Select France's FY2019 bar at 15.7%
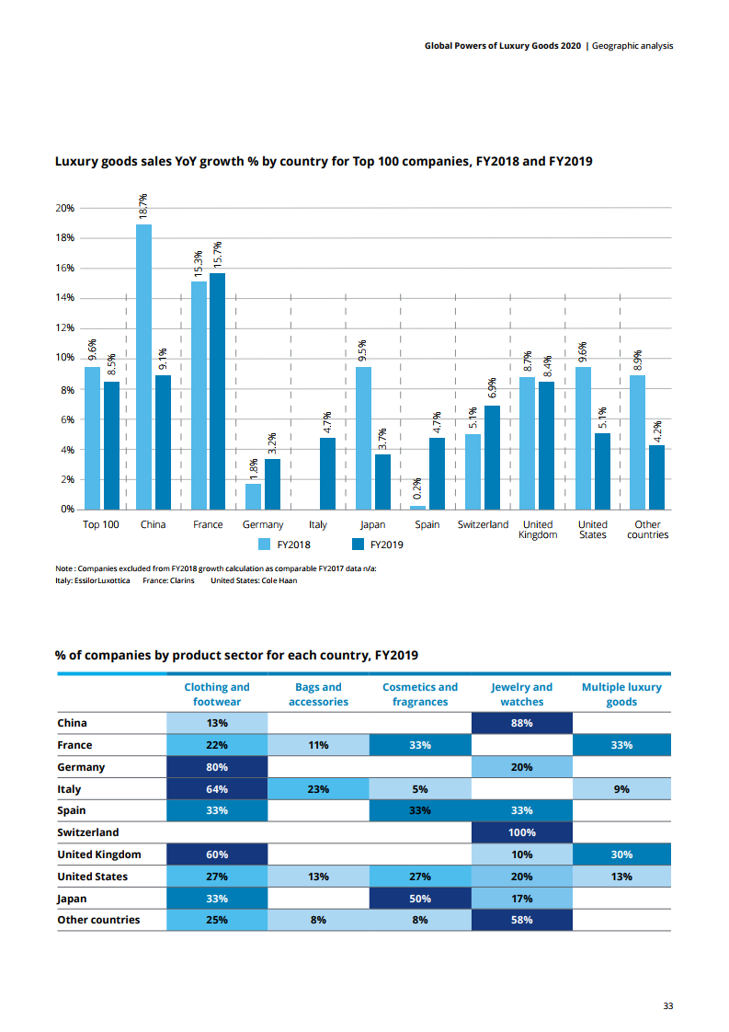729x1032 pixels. [217, 391]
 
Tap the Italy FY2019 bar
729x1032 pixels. [327, 474]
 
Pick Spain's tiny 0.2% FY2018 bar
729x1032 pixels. [418, 508]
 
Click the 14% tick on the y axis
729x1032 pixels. [64, 298]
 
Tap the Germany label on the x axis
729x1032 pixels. [263, 524]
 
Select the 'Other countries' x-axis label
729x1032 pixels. [647, 530]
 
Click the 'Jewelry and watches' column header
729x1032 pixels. [521, 694]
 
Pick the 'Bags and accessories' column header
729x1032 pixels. [318, 694]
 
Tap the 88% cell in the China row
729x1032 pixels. [521, 723]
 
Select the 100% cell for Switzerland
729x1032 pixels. [521, 832]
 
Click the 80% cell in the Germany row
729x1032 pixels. [217, 767]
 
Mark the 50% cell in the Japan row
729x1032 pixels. [420, 898]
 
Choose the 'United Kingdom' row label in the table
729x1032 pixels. [98, 854]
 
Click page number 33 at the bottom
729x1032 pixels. [668, 1005]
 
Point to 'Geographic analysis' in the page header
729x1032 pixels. [632, 45]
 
